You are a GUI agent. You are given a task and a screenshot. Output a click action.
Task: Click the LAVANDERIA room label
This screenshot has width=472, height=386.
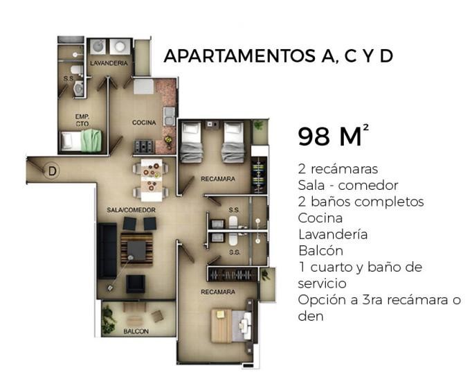[x=109, y=63]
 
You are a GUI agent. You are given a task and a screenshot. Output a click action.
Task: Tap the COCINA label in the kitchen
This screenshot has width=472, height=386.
[x=144, y=123]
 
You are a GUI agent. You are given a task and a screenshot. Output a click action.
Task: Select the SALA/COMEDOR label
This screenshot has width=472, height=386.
[x=131, y=210]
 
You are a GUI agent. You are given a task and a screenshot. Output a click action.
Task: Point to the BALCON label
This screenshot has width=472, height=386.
[x=136, y=331]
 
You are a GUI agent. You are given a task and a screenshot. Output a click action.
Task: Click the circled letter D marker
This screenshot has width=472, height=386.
[x=52, y=171]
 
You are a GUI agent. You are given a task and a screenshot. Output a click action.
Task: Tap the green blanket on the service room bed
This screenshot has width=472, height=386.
[x=91, y=141]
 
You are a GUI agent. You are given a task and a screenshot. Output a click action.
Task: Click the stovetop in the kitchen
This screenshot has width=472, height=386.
[x=143, y=147]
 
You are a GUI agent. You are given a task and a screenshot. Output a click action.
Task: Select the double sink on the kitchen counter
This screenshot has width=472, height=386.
[x=169, y=116]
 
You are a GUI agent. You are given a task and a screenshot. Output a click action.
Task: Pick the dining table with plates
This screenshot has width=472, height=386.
[x=152, y=180]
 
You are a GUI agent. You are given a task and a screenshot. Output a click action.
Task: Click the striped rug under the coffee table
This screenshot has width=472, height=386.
[x=136, y=249]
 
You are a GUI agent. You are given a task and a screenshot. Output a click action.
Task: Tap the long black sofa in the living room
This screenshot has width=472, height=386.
[x=107, y=251]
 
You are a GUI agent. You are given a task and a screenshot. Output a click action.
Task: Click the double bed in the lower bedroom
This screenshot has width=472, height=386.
[x=231, y=326]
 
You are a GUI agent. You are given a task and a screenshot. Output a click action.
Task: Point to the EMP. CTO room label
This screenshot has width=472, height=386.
[x=82, y=120]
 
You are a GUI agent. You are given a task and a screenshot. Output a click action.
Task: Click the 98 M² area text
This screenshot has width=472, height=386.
[x=333, y=136]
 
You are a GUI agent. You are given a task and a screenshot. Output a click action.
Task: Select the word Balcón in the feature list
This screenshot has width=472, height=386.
[x=320, y=251]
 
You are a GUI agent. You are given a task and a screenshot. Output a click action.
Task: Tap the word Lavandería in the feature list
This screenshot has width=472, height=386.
[x=333, y=234]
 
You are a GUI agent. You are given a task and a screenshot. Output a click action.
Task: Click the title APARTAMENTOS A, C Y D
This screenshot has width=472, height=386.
[x=278, y=56]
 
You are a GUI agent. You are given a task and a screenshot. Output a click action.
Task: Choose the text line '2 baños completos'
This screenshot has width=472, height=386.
[x=361, y=202]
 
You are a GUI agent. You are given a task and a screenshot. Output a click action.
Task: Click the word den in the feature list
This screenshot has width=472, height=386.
[x=311, y=317]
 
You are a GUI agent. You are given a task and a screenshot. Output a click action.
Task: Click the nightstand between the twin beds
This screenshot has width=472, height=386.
[x=212, y=125]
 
